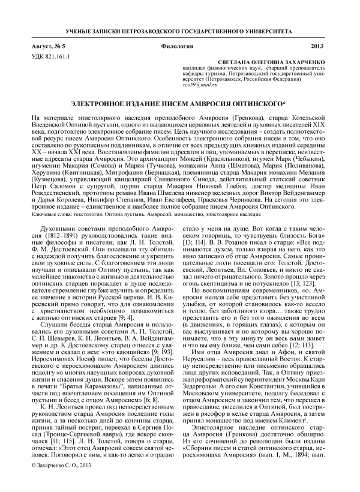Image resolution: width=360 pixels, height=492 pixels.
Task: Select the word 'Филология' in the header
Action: click(179, 46)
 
